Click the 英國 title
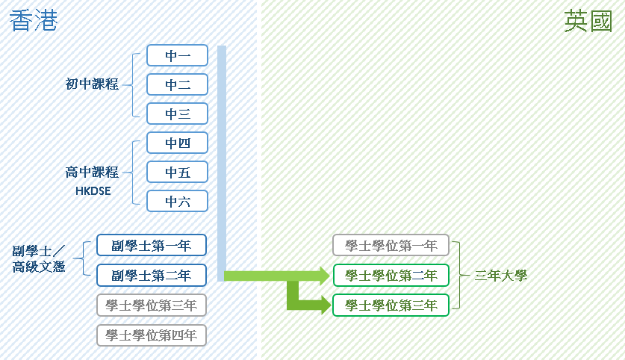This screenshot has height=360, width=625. click(588, 22)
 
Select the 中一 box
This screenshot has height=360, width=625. click(177, 55)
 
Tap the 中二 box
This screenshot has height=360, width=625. click(177, 84)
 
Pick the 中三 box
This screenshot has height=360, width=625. click(177, 114)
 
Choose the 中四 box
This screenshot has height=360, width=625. click(177, 143)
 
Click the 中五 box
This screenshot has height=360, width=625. click(177, 172)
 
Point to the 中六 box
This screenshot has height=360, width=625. click(177, 201)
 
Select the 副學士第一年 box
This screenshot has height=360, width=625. click(151, 245)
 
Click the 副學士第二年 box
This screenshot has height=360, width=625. click(151, 275)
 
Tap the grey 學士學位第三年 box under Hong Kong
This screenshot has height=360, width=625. click(151, 305)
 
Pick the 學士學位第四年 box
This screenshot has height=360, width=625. click(151, 335)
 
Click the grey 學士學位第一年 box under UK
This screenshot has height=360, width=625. click(391, 245)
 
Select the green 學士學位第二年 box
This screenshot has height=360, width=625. click(391, 275)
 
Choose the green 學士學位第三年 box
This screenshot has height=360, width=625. click(391, 305)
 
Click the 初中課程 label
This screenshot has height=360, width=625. click(92, 84)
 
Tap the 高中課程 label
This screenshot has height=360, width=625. click(92, 173)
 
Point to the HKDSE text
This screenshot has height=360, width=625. click(93, 191)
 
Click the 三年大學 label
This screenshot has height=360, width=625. click(500, 276)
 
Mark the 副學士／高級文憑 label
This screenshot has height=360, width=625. click(40, 258)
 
